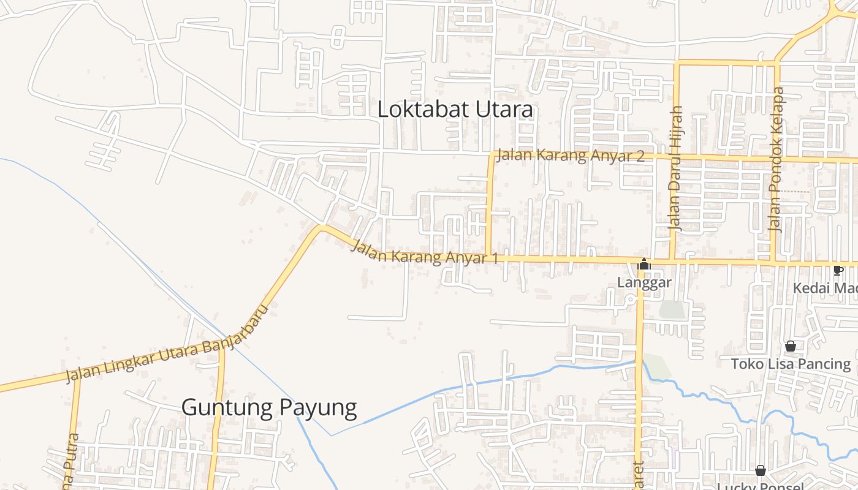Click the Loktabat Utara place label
[x=455, y=110]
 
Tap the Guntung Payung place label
[x=269, y=407]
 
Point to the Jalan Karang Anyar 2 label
[x=570, y=156]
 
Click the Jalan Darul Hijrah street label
[x=675, y=168]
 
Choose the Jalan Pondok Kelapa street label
[x=776, y=159]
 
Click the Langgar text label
[x=644, y=282]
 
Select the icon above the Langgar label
[x=644, y=265]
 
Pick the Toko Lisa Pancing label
[x=791, y=364]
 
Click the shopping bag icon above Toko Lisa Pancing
[x=791, y=347]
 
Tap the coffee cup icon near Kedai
[x=838, y=270]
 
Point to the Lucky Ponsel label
[x=760, y=486]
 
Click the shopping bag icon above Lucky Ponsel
[x=761, y=470]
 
